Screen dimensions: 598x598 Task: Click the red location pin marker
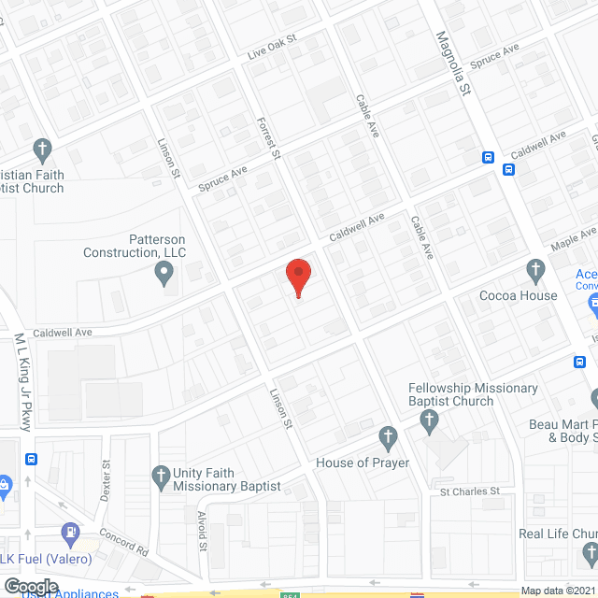point(297,277)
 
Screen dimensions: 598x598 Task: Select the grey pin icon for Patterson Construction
point(164,275)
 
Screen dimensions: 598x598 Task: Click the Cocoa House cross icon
point(536,272)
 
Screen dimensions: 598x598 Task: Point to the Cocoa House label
point(518,296)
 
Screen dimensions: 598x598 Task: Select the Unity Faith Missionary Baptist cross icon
point(163,475)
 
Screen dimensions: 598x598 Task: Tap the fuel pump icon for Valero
point(70,534)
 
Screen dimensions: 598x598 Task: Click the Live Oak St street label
point(271,48)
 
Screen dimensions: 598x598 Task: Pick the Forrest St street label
point(268,138)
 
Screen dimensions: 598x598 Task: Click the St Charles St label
point(471,491)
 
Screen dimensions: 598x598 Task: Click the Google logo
point(31,587)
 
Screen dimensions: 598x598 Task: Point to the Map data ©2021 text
point(557,591)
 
